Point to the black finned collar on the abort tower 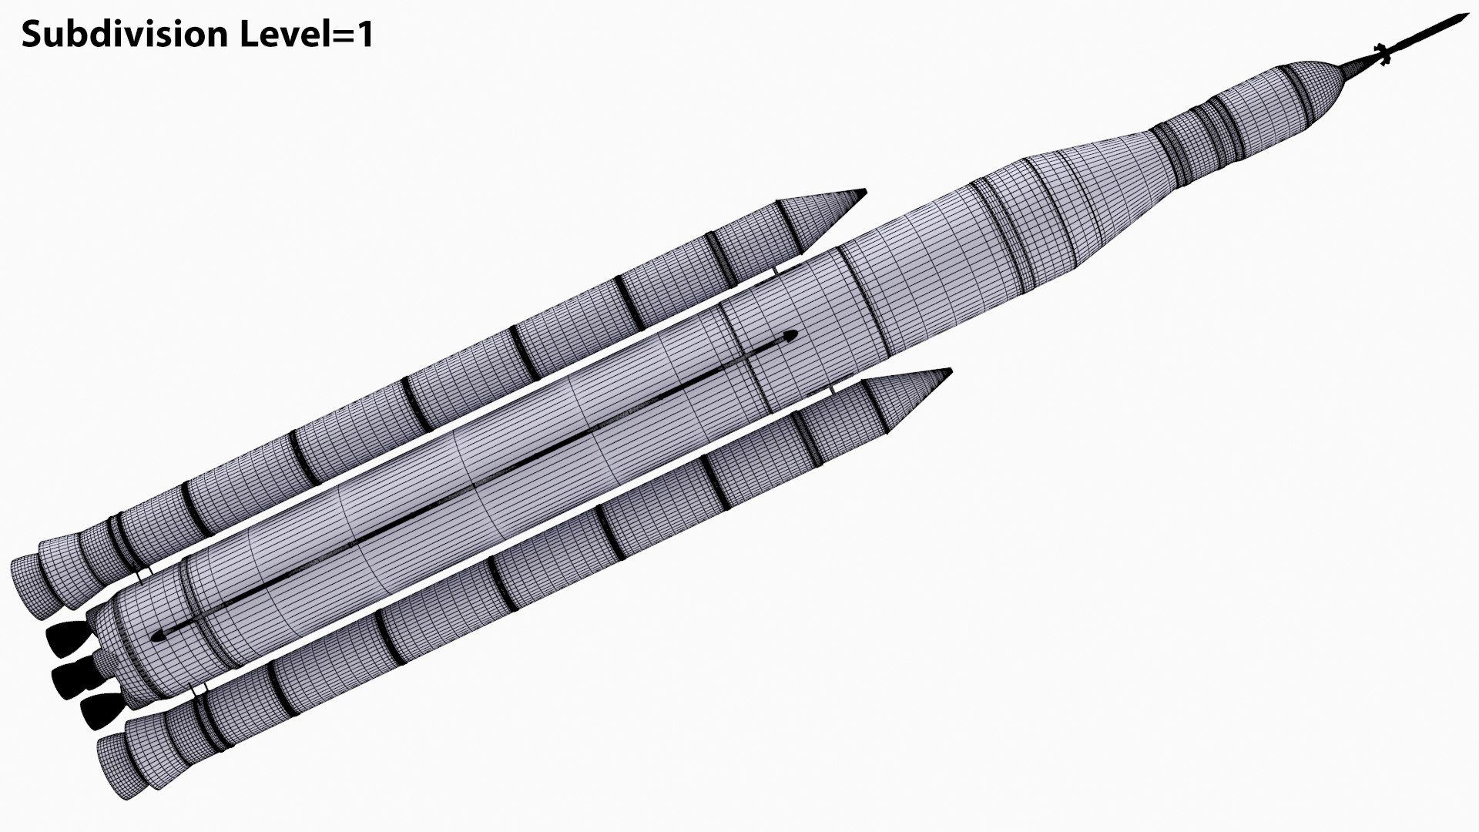click(1382, 54)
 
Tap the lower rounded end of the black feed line click(159, 636)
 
